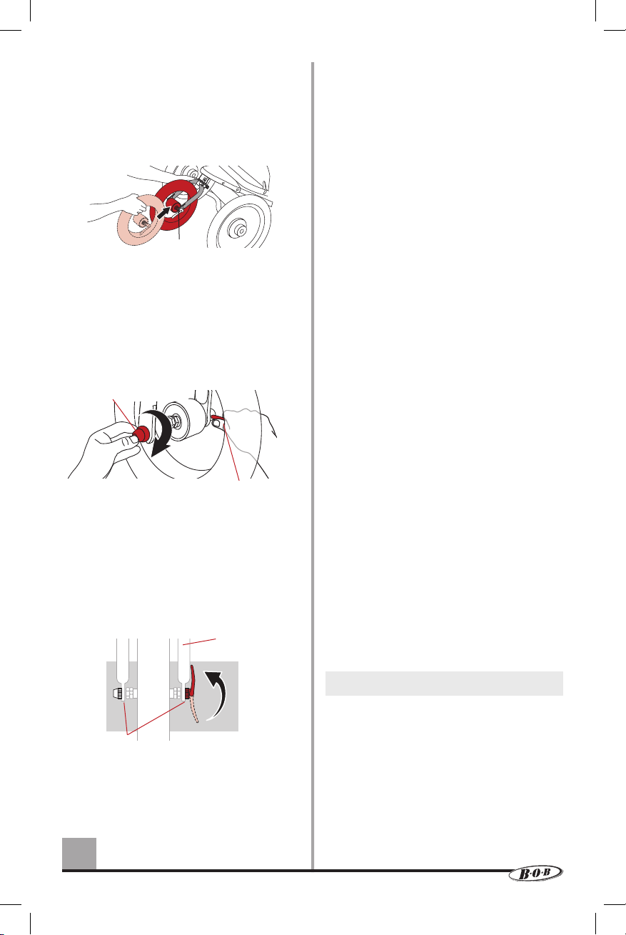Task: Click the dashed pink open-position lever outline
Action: click(195, 709)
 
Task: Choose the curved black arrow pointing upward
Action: click(217, 694)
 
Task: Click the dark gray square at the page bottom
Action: click(79, 853)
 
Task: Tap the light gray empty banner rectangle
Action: click(444, 684)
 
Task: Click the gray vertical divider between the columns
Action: click(313, 466)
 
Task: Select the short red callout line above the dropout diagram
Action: click(199, 641)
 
